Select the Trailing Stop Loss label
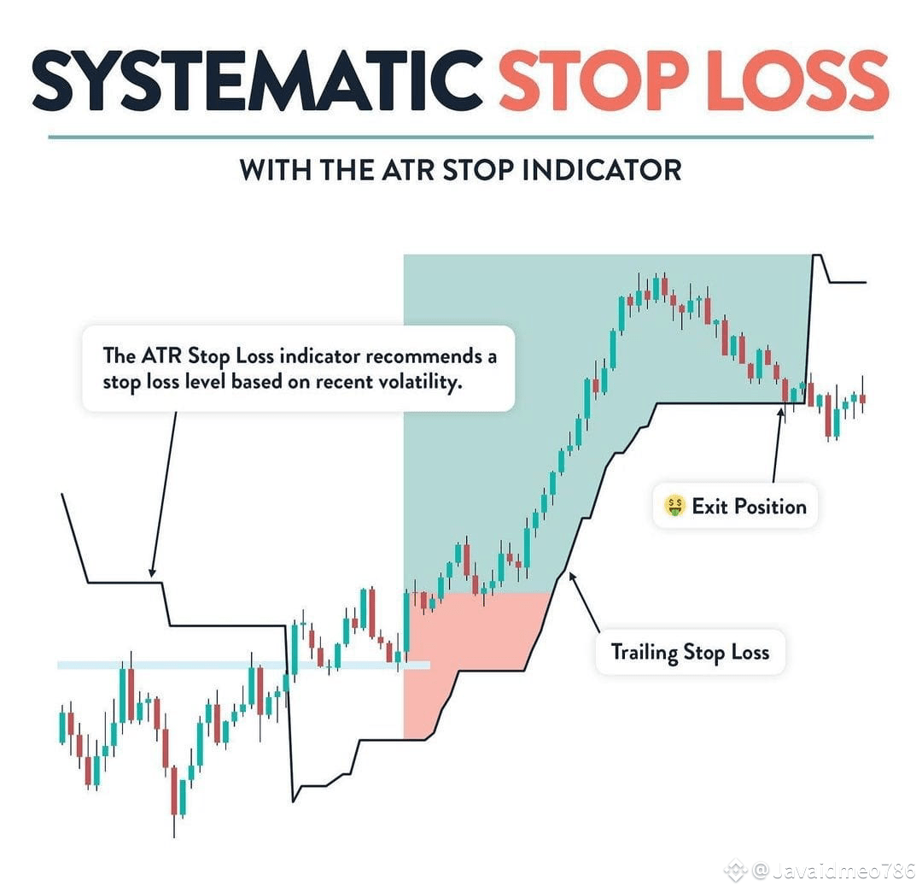[x=690, y=653]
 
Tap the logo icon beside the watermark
[x=735, y=871]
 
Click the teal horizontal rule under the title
[x=461, y=137]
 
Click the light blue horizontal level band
[x=171, y=664]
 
